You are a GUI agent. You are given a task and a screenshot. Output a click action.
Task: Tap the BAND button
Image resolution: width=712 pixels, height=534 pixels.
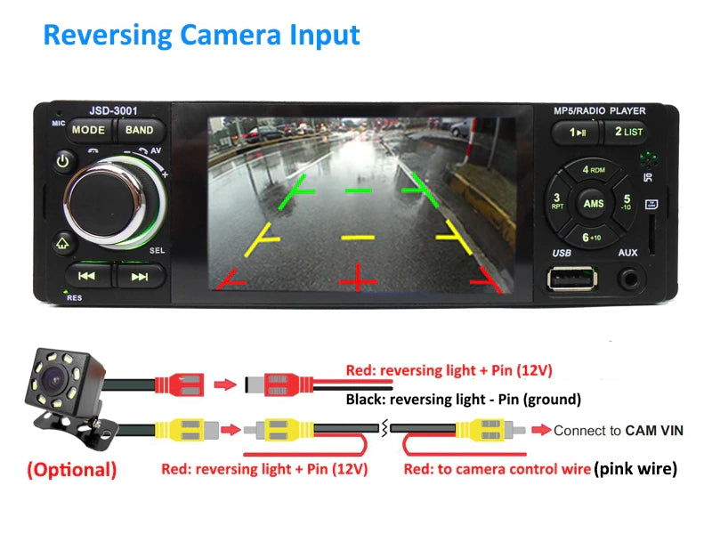(x=139, y=130)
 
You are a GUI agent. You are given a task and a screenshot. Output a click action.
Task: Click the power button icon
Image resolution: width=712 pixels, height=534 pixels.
(x=63, y=161)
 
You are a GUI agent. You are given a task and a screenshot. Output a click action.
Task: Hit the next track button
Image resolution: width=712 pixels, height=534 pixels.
(x=140, y=277)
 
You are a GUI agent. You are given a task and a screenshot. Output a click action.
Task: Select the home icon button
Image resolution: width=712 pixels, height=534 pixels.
(x=62, y=244)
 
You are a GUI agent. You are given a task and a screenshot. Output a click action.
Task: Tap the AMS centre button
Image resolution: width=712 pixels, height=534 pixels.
(x=593, y=204)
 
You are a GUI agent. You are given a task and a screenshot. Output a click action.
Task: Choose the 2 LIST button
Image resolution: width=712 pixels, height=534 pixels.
(x=628, y=132)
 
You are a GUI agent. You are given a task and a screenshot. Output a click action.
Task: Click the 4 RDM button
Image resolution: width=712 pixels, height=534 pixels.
(x=593, y=170)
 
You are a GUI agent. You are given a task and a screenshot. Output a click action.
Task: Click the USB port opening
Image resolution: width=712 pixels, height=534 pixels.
(x=572, y=278)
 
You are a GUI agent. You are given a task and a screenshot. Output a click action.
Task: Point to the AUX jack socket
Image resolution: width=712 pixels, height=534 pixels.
(x=629, y=279)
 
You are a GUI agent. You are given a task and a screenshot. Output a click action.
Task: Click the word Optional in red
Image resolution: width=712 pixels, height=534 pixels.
(x=72, y=470)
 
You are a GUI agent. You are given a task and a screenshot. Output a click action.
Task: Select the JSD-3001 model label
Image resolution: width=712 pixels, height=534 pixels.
(x=113, y=110)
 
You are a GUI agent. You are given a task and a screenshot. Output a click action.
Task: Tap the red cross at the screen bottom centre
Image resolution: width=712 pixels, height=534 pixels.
(x=358, y=278)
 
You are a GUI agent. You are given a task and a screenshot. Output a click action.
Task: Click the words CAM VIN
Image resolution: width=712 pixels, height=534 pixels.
(x=654, y=431)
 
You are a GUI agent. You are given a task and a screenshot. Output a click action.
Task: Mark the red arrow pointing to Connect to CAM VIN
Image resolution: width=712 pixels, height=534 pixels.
(x=540, y=430)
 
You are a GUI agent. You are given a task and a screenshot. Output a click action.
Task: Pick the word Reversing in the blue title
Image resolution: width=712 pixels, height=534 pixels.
(x=108, y=36)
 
